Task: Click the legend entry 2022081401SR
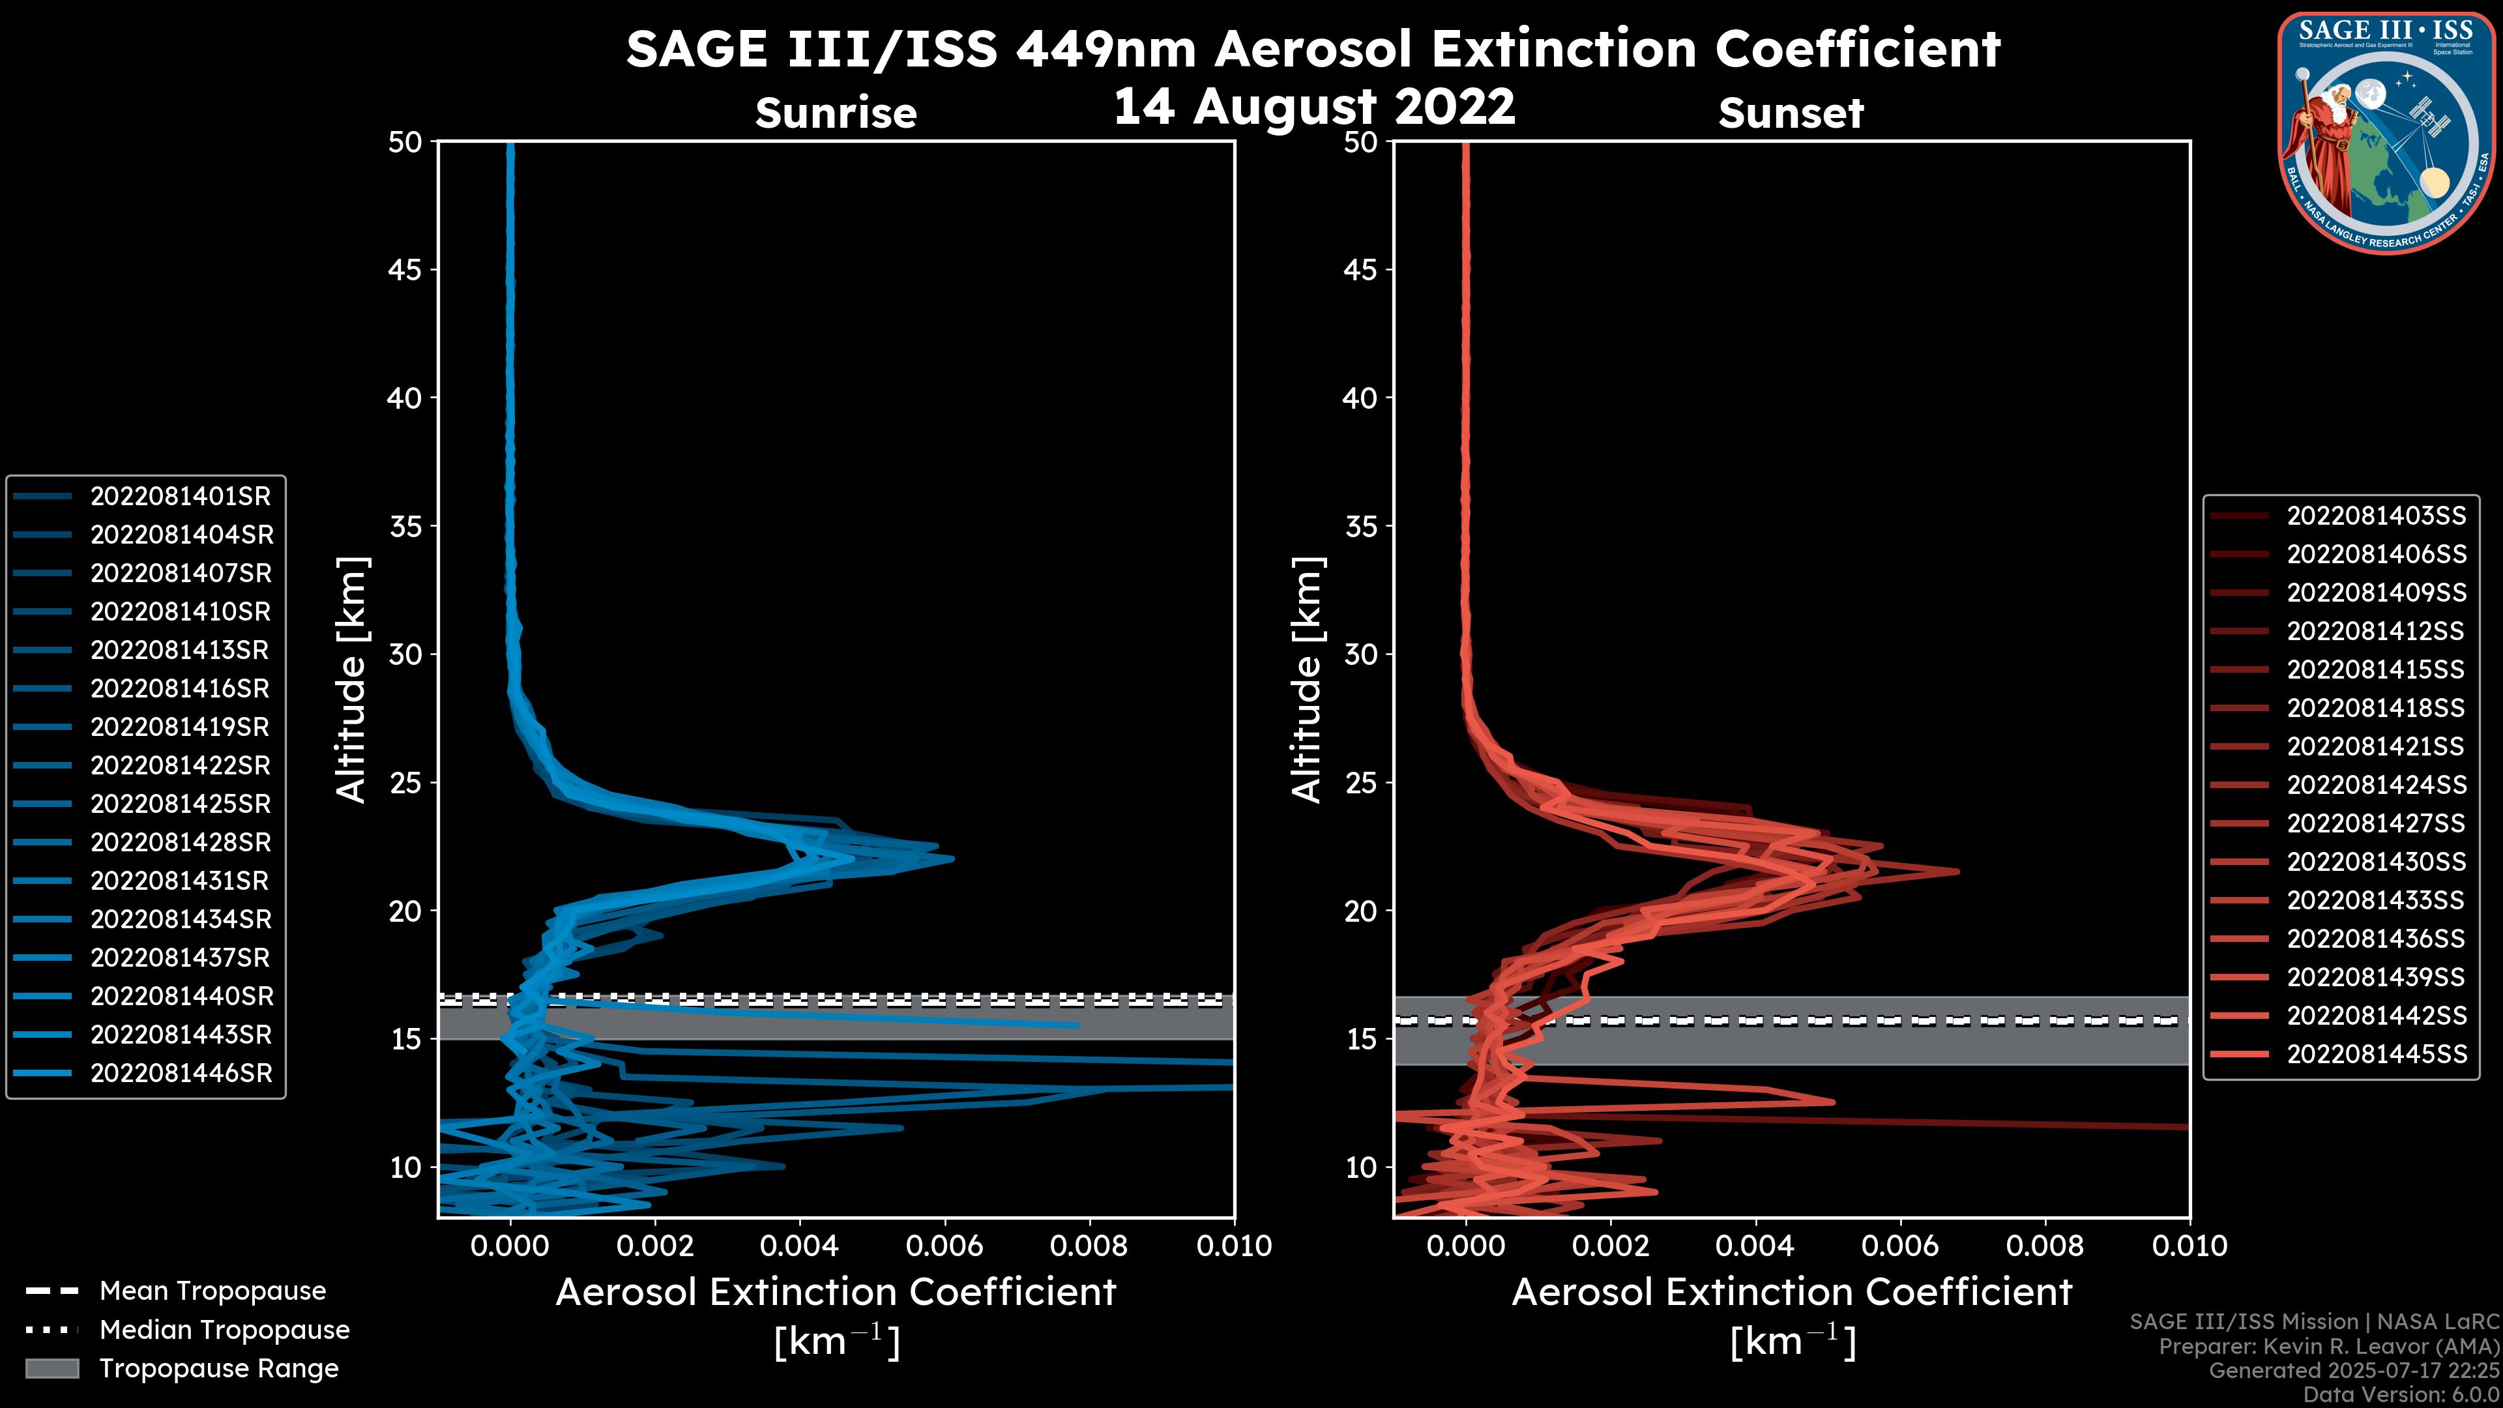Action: click(181, 497)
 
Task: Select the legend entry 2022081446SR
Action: click(181, 1074)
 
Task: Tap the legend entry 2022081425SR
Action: click(181, 804)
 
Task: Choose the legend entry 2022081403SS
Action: click(2376, 516)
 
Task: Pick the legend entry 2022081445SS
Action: click(2376, 1054)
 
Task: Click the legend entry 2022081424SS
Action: click(2376, 785)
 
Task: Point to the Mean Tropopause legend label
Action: click(212, 1291)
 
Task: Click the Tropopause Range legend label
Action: click(218, 1369)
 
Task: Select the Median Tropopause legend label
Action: click(224, 1330)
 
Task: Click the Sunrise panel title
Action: click(836, 113)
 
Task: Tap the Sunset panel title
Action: click(1791, 113)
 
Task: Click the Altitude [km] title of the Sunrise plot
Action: click(351, 680)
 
